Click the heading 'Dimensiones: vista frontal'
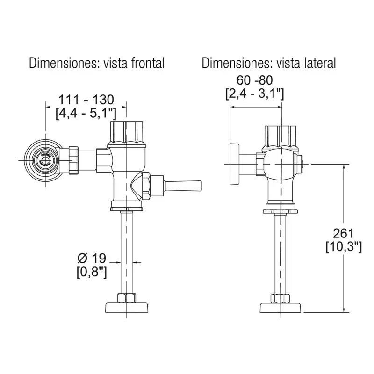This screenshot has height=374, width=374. (x=96, y=63)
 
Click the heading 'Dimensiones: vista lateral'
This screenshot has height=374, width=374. (x=268, y=63)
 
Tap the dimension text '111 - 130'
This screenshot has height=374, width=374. (x=86, y=99)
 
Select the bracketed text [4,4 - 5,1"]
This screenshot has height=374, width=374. (x=86, y=113)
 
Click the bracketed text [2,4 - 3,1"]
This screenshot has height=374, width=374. (x=255, y=93)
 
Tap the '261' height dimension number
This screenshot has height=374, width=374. (x=344, y=233)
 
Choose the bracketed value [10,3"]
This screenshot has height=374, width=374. (x=344, y=247)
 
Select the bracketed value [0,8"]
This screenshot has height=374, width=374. (x=91, y=271)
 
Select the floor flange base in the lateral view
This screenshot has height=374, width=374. (x=281, y=308)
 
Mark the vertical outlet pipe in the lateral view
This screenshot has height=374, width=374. (x=281, y=252)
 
